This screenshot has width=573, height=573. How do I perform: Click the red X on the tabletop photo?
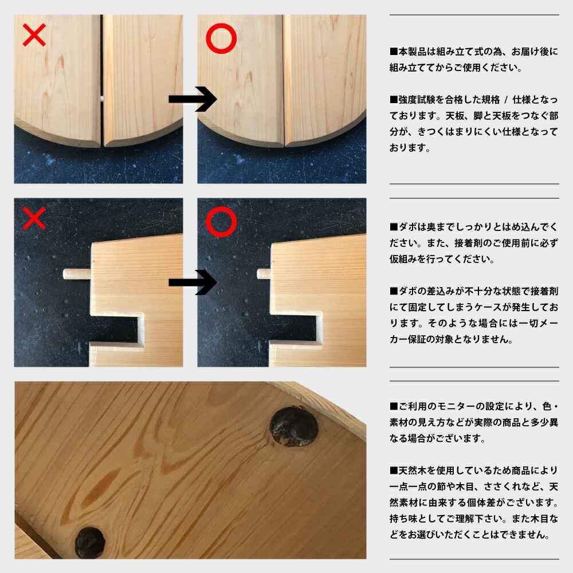(x=34, y=35)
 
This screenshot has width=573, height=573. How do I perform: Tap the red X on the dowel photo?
(x=34, y=218)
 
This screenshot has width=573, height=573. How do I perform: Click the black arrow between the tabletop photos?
(x=193, y=99)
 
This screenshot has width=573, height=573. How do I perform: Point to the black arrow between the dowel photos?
(x=193, y=282)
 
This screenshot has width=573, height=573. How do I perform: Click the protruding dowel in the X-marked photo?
(x=77, y=274)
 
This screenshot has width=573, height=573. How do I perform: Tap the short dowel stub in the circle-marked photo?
(x=264, y=274)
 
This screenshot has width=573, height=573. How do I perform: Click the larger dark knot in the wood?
(x=294, y=426)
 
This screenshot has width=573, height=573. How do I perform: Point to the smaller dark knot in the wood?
(x=90, y=543)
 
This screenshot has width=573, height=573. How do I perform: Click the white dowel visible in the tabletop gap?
(x=103, y=98)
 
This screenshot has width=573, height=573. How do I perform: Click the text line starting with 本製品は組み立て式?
(x=474, y=52)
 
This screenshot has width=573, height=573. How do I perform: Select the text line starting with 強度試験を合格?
(x=474, y=99)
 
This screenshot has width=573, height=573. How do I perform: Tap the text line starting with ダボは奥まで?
(x=474, y=227)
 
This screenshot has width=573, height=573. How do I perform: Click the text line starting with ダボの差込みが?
(x=474, y=291)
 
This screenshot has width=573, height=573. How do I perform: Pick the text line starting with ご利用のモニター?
(x=474, y=406)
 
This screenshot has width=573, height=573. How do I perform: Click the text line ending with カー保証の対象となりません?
(x=451, y=339)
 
